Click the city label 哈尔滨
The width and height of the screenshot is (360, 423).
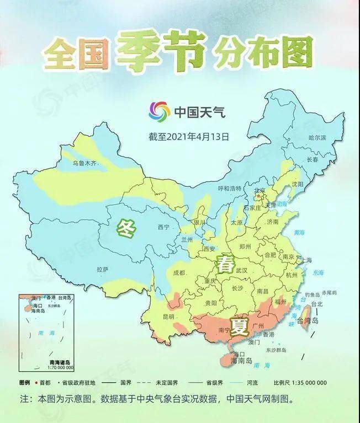[317, 137]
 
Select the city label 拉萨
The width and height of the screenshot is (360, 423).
[102, 269]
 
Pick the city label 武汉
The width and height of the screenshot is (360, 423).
[241, 271]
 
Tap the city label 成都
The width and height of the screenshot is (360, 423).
[178, 272]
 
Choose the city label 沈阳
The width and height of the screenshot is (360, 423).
[298, 184]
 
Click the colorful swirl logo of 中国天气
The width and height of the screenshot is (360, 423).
[159, 112]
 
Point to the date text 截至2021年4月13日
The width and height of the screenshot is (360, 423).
[188, 135]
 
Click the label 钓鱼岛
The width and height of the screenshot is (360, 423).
[312, 295]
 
